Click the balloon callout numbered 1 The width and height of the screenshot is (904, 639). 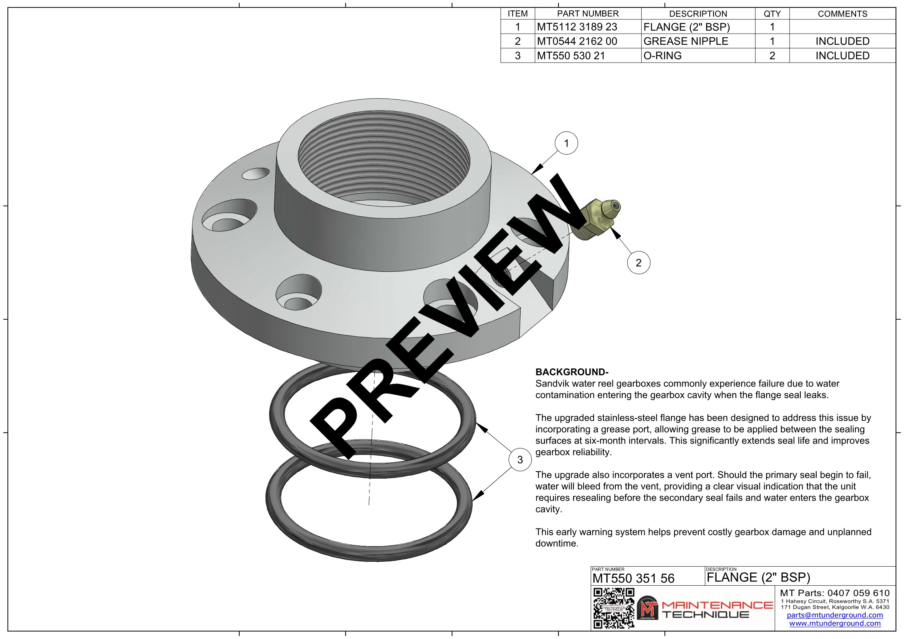(x=566, y=143)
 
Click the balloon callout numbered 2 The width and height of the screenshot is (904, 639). (x=638, y=262)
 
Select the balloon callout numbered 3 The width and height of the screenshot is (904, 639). (x=520, y=460)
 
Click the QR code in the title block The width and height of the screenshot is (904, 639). (x=613, y=608)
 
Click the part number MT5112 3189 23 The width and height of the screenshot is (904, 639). (x=577, y=27)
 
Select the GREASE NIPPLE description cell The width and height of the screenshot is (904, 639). (x=686, y=41)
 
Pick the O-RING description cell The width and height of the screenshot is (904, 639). (x=662, y=56)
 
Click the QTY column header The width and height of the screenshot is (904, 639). (x=772, y=14)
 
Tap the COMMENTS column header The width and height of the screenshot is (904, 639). (x=842, y=14)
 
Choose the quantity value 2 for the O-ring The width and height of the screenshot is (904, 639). (x=772, y=56)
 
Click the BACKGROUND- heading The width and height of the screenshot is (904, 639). (x=572, y=372)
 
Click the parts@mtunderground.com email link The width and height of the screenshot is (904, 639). (x=835, y=615)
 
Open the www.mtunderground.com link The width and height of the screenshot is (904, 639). (x=835, y=623)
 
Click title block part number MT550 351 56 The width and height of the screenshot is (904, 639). (x=633, y=578)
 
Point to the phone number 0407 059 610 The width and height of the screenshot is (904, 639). (x=858, y=593)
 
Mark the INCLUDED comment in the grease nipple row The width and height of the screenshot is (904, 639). (x=842, y=41)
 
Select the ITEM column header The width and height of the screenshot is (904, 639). (x=518, y=14)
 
